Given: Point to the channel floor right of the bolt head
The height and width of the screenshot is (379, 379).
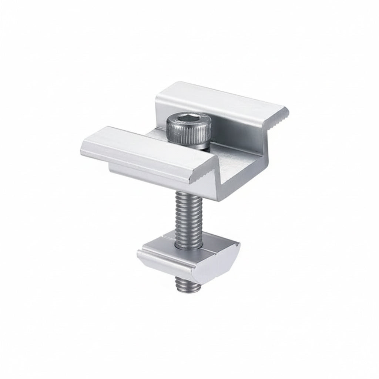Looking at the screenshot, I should pyautogui.click(x=229, y=155).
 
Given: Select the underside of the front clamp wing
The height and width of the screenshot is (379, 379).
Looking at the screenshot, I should pyautogui.click(x=148, y=172).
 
